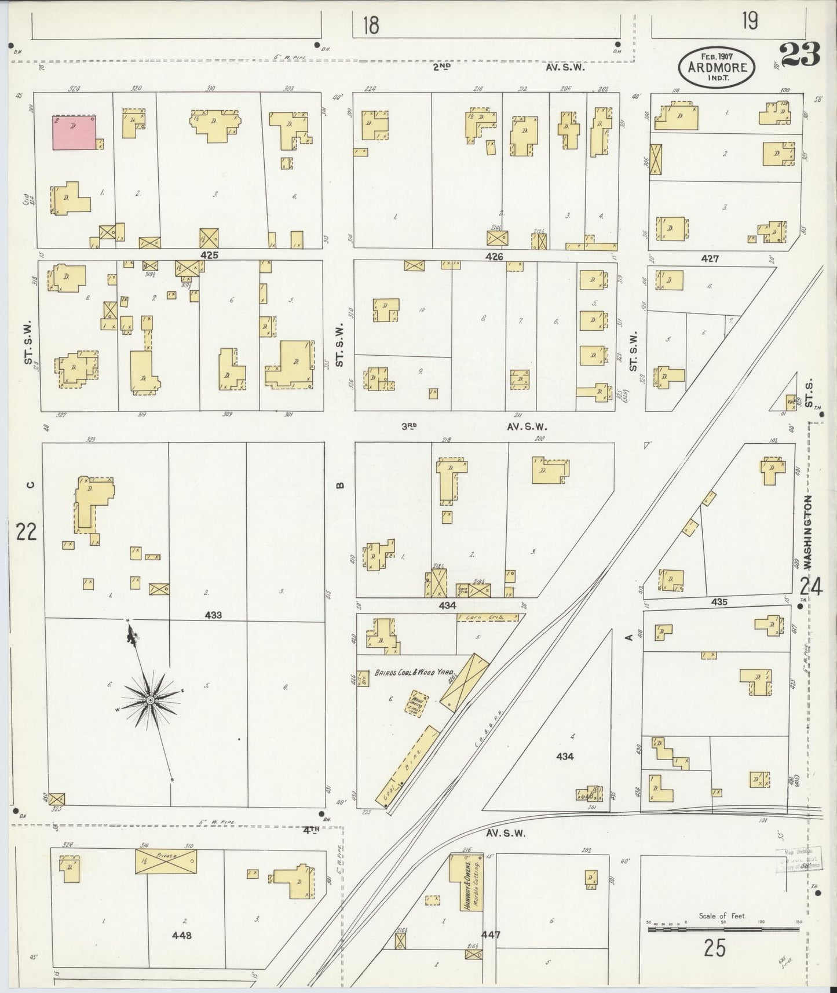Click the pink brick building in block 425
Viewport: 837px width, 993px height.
(74, 132)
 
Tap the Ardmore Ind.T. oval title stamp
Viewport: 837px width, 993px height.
(717, 67)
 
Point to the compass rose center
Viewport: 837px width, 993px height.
(150, 700)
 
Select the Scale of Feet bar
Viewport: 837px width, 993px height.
(723, 929)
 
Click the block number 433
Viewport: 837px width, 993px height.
(213, 615)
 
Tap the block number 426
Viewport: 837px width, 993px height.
(494, 255)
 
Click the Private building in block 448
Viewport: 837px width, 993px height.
(166, 861)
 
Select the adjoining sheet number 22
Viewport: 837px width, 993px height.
(27, 531)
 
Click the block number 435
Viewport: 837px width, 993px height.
(719, 602)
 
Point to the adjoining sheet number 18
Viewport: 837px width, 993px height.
(370, 25)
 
